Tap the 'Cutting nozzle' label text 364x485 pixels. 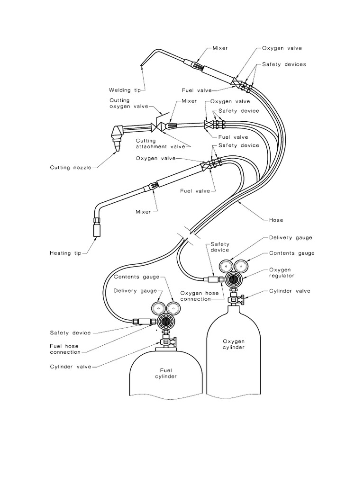(71, 167)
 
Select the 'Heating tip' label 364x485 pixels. (66, 253)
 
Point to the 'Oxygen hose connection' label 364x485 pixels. (200, 296)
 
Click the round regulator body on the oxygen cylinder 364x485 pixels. (233, 279)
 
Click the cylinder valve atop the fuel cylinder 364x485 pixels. (165, 341)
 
